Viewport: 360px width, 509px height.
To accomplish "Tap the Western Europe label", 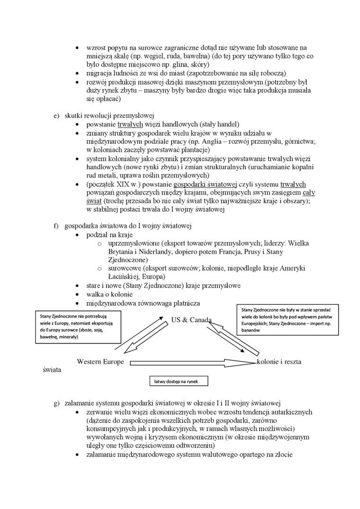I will pos(100,362).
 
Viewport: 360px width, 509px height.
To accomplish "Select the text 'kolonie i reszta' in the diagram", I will pos(279,362).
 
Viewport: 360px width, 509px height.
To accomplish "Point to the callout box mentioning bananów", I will pos(287,321).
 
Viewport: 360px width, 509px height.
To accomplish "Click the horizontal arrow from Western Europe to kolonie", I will pos(189,364).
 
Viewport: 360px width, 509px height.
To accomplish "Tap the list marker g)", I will pos(56,403).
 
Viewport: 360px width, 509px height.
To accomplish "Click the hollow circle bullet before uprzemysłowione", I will pos(99,243).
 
